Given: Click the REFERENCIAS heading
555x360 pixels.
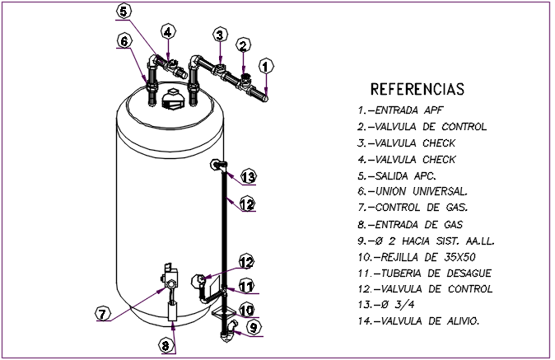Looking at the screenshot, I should (x=417, y=89).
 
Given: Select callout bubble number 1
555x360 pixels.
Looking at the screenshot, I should (x=265, y=65).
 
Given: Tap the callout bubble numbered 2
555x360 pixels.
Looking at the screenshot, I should (x=244, y=45).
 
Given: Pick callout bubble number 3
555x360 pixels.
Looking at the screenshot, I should (x=220, y=35).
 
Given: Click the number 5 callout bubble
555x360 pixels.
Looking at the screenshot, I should (x=123, y=11).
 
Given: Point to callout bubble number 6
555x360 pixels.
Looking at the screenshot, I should (x=124, y=40).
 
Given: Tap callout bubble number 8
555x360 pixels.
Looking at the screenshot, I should (x=166, y=345).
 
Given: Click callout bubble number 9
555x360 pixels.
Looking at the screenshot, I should (x=254, y=327).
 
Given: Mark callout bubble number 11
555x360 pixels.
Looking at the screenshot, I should (x=247, y=286).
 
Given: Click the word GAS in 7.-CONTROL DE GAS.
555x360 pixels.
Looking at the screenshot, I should (x=454, y=208).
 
